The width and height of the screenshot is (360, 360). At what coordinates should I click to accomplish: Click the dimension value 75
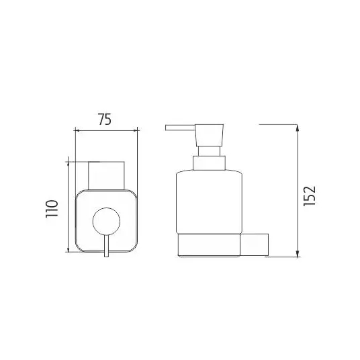coord(105,120)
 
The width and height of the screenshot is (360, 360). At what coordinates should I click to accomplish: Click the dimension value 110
coord(52,209)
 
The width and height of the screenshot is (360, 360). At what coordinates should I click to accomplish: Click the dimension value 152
coord(310,196)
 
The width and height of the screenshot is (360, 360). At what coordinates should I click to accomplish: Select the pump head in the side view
coord(209,135)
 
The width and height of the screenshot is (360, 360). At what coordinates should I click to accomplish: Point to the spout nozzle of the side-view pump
coord(180,128)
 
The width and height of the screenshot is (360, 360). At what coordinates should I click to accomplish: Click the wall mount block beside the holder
coord(254,244)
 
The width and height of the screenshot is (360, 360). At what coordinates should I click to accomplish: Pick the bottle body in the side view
coord(209,202)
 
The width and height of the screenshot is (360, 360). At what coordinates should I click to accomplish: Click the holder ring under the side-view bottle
coord(209,245)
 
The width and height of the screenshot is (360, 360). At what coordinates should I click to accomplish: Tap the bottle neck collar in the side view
coord(209,163)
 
